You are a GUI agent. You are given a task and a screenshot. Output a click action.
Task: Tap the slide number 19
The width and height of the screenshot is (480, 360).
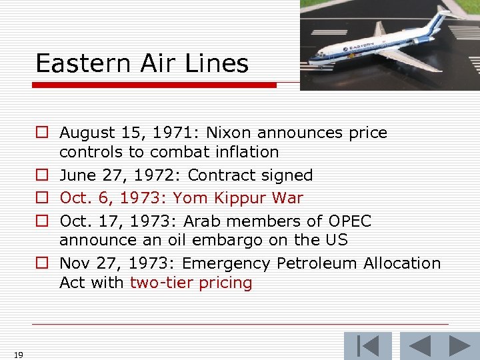point(18,355)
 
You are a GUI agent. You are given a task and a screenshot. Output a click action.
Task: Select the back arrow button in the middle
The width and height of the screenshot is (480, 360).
point(420,346)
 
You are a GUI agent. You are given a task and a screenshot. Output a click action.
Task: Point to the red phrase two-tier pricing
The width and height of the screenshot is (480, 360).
point(191,283)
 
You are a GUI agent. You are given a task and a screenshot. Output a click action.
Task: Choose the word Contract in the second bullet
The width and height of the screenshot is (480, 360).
point(217,175)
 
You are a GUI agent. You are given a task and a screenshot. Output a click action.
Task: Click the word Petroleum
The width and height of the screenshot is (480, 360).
point(313,263)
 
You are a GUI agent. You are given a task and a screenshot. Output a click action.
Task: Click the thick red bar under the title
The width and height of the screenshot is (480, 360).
point(154,85)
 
